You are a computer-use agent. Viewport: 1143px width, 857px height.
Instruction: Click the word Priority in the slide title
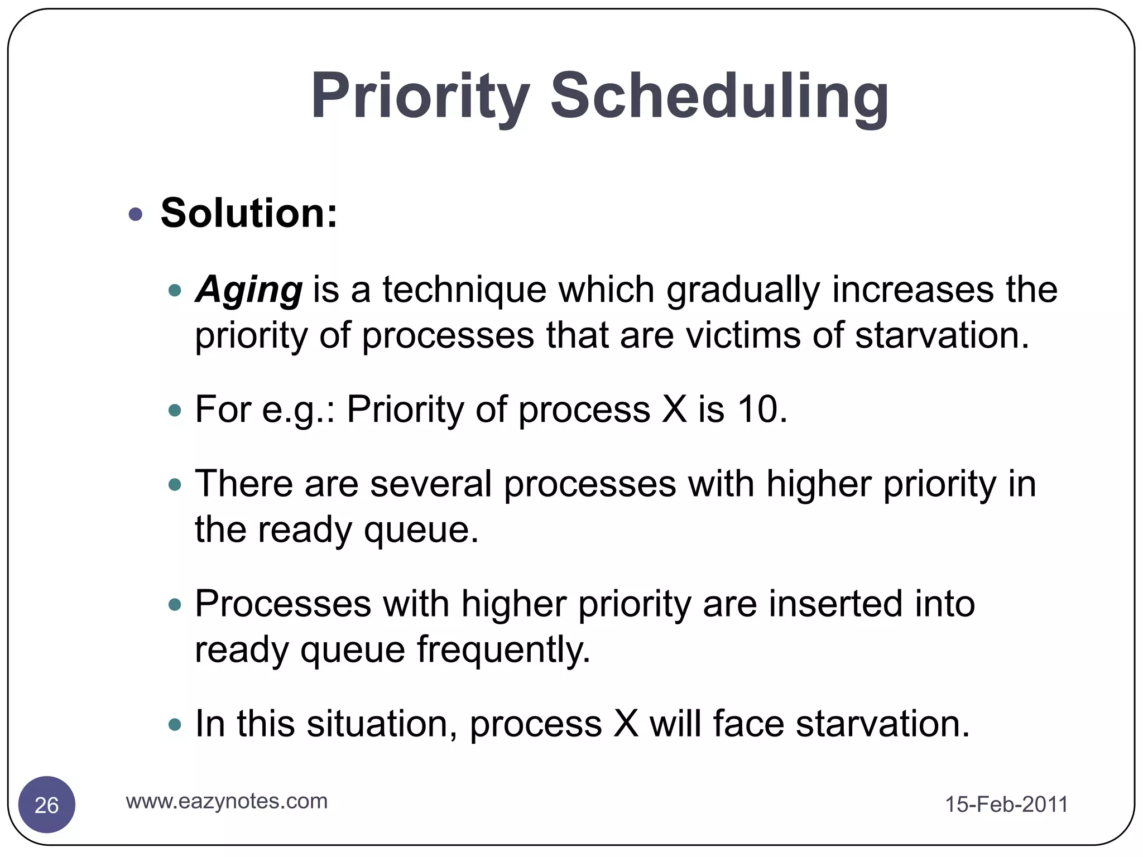(x=420, y=96)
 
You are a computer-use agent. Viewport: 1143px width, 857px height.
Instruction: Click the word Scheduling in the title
(x=719, y=96)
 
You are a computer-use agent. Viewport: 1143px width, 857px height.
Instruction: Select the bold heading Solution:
(x=249, y=213)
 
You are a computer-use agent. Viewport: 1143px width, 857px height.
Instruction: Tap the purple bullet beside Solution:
(x=136, y=214)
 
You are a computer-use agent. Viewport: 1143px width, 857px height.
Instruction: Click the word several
(x=431, y=484)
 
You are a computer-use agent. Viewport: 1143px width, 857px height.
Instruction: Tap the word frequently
(x=503, y=650)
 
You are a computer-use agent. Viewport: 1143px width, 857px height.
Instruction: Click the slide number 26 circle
(x=47, y=805)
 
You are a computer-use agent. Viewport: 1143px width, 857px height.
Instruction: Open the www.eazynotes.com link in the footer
(x=227, y=801)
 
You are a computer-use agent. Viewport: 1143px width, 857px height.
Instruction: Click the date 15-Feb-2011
(x=1006, y=805)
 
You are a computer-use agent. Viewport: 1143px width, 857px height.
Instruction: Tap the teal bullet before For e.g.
(x=175, y=411)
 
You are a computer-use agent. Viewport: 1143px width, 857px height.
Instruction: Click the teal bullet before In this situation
(x=175, y=725)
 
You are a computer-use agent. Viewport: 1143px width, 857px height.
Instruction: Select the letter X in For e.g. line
(x=674, y=410)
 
